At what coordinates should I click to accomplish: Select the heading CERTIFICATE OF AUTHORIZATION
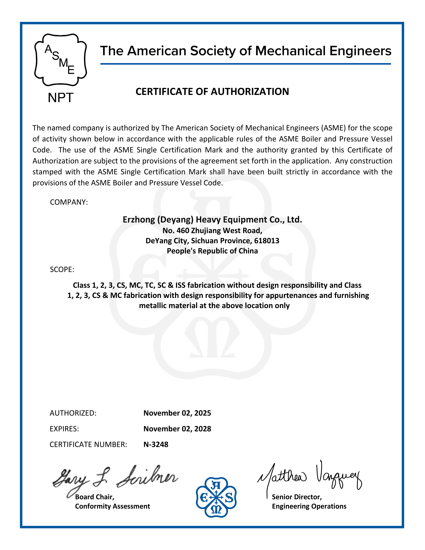click(212, 92)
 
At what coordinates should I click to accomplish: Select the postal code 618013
click(267, 241)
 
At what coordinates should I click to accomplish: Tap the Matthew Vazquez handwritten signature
click(310, 476)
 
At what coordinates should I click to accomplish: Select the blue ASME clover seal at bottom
click(216, 497)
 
